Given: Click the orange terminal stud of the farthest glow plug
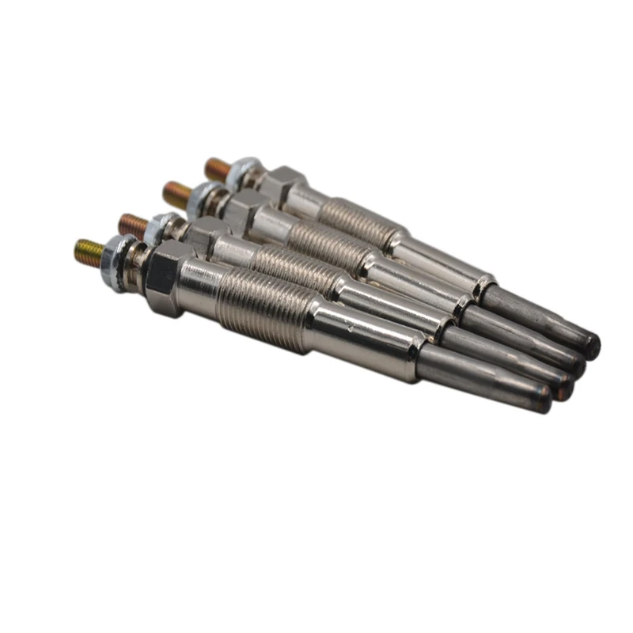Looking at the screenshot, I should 217,168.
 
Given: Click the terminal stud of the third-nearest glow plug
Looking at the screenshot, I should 176,192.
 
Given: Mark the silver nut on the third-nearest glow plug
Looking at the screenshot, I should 204,195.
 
